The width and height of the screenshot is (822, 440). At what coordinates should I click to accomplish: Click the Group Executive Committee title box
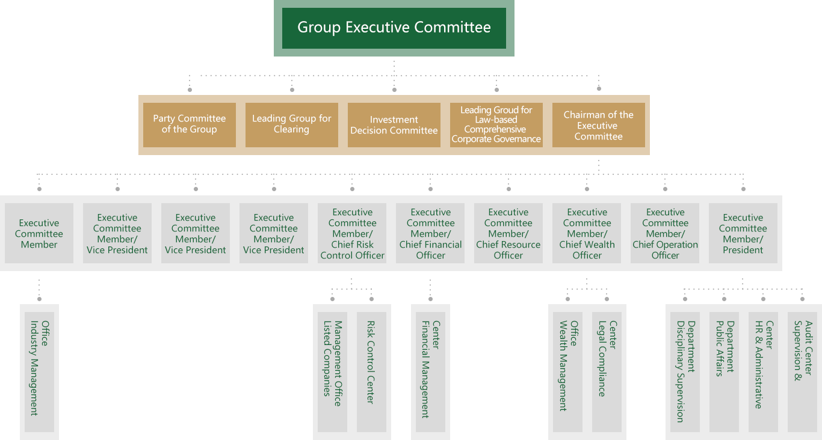(x=394, y=28)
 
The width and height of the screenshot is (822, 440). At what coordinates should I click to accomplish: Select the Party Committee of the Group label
(x=189, y=124)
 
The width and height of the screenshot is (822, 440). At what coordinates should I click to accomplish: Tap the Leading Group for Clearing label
(x=291, y=124)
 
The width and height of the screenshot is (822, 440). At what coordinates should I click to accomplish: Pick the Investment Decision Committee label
(x=394, y=125)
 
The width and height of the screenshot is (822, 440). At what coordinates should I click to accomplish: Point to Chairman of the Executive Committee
(x=598, y=125)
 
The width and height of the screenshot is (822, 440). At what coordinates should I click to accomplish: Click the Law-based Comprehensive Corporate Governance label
(x=496, y=125)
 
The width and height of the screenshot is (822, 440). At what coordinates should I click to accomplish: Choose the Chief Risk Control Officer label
(x=352, y=234)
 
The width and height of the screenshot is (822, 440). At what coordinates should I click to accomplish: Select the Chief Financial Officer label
(x=430, y=234)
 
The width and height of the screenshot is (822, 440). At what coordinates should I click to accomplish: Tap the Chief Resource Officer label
(x=508, y=234)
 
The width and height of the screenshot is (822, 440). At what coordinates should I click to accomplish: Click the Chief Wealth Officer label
(x=587, y=234)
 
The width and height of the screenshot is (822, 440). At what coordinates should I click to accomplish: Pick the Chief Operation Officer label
(x=665, y=234)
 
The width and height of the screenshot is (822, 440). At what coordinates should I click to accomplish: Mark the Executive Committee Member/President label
(x=743, y=234)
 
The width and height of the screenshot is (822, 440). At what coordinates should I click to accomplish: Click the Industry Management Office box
(x=39, y=368)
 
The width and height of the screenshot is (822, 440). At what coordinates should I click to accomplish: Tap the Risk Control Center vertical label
(x=371, y=362)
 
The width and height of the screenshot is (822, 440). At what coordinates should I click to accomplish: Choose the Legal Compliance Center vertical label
(x=607, y=359)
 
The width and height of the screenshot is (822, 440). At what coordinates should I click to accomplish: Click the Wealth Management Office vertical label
(x=568, y=365)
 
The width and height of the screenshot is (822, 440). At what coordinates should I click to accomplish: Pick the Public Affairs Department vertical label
(x=725, y=349)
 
